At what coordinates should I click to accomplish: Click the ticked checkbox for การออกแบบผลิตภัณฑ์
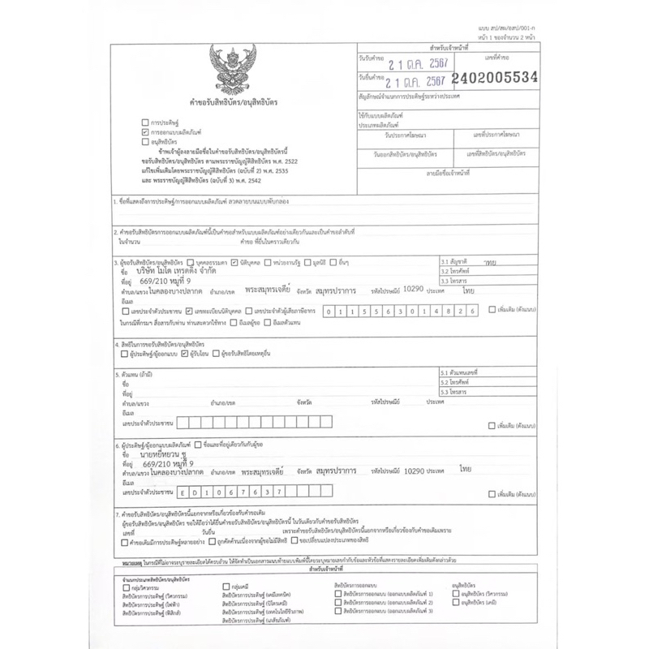coord(144,131)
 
